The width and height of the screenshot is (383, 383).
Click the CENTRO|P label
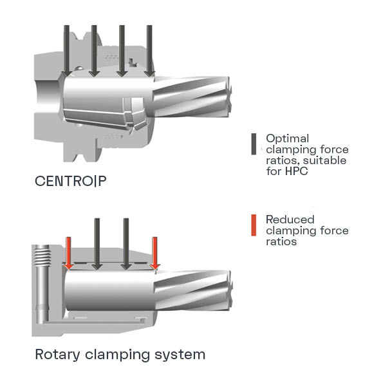click(x=71, y=182)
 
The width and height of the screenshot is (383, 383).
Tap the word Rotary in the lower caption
click(x=57, y=355)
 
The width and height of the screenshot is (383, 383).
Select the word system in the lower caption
click(x=180, y=355)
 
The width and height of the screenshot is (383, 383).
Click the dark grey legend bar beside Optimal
click(x=254, y=144)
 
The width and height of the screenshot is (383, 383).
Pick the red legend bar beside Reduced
click(x=254, y=225)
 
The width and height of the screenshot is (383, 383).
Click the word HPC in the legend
click(x=297, y=171)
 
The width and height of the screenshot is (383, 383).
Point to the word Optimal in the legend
click(x=288, y=139)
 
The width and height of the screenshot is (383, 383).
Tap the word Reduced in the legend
click(x=290, y=220)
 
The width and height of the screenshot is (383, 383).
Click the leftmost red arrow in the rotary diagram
click(x=69, y=254)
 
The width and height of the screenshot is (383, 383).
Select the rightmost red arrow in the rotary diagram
click(x=155, y=254)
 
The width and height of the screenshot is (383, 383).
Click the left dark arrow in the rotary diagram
click(x=97, y=244)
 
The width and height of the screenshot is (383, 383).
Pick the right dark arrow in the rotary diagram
click(x=126, y=244)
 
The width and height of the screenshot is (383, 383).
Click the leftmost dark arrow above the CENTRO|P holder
click(x=66, y=51)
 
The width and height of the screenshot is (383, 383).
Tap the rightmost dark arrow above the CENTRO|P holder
click(x=149, y=51)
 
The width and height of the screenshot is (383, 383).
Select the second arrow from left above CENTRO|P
click(x=94, y=51)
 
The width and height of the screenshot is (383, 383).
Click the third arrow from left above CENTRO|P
click(x=122, y=51)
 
